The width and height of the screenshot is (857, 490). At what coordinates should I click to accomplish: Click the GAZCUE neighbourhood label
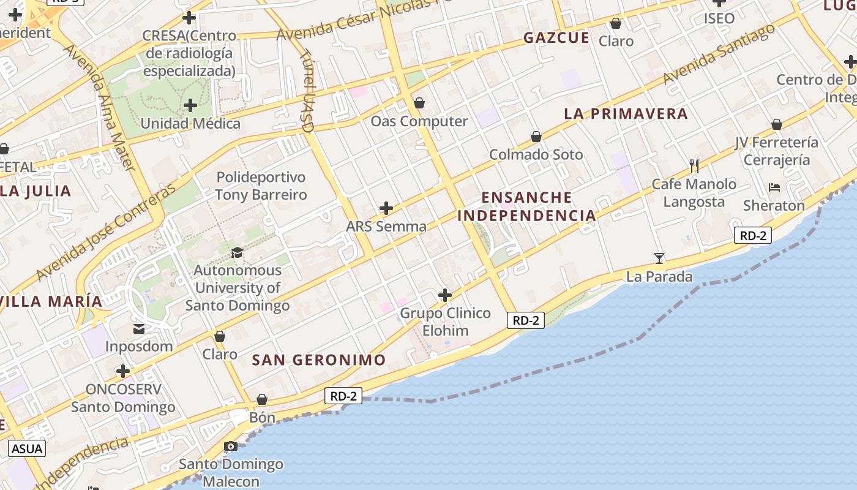click(556, 38)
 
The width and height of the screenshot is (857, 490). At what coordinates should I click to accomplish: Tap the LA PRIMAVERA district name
click(626, 114)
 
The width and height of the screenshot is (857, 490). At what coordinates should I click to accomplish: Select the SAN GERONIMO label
click(319, 360)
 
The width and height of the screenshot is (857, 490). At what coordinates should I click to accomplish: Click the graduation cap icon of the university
click(236, 252)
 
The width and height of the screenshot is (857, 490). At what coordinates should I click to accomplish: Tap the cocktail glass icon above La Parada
click(659, 258)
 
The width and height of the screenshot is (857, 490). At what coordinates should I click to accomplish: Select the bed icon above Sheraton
click(774, 187)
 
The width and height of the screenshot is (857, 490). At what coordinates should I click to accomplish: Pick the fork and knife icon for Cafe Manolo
click(694, 165)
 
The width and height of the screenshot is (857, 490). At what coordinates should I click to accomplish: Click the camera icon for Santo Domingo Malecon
click(231, 446)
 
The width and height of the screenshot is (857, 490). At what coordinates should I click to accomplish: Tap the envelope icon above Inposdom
click(139, 329)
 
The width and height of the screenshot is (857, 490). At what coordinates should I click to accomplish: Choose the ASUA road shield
click(28, 448)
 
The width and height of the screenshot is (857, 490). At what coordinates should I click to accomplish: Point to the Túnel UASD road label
click(307, 91)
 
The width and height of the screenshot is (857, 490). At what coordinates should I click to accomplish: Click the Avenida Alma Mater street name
click(113, 107)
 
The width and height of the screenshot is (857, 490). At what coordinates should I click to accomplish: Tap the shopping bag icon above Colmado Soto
click(536, 137)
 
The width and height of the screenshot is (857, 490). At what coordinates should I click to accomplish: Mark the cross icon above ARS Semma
click(386, 208)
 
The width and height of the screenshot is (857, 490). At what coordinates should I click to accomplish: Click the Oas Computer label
click(419, 121)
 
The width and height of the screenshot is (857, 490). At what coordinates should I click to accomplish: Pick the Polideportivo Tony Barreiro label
click(261, 186)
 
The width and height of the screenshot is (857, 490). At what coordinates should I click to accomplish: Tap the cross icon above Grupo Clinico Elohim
click(445, 295)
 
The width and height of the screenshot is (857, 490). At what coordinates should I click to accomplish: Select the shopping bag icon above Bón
click(262, 399)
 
